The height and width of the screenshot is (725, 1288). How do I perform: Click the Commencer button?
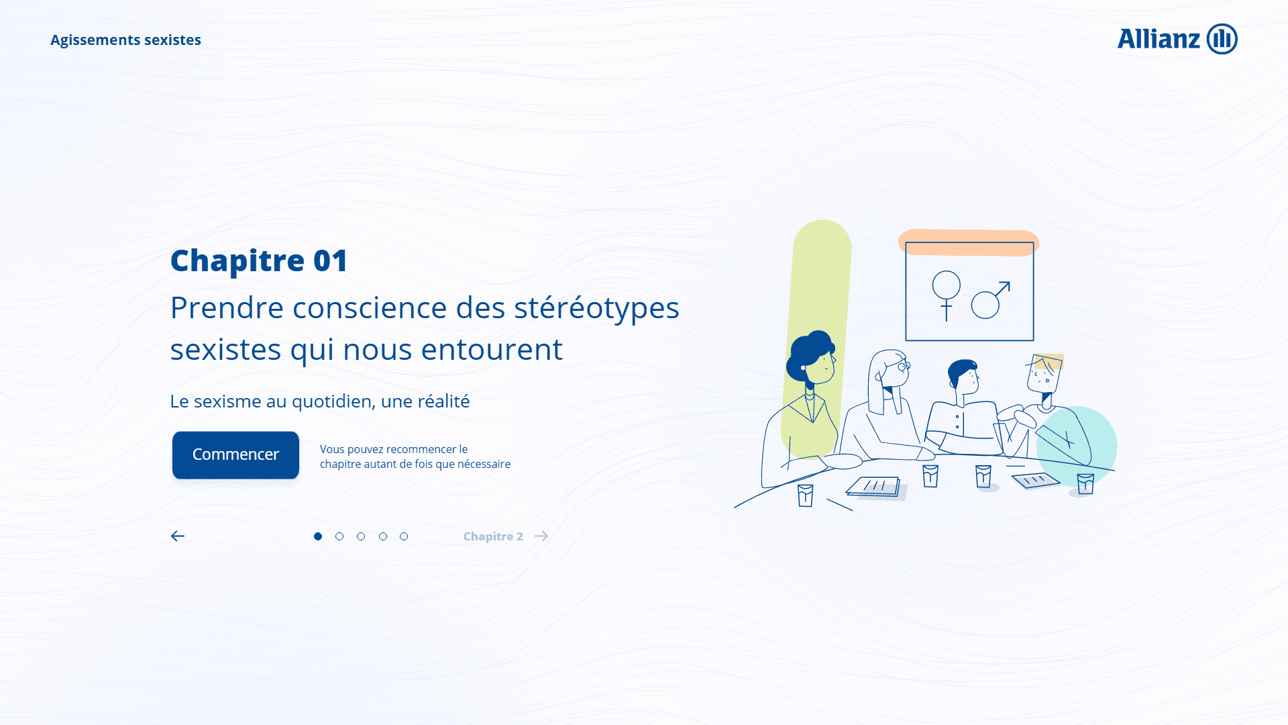coord(235,455)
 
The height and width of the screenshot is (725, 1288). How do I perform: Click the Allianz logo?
coord(1177,39)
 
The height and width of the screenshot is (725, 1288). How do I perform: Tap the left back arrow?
coord(178,536)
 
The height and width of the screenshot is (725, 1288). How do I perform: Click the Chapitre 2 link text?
coord(493,536)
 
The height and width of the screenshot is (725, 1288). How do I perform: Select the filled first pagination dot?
coord(318,536)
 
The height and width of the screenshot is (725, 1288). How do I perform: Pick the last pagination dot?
coord(404,536)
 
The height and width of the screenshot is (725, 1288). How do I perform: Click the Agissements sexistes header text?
coord(125,40)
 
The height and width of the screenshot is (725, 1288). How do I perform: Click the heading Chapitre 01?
coord(259,260)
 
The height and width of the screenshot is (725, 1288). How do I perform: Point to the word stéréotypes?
coord(597,308)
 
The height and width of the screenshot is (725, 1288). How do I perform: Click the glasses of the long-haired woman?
coord(903,367)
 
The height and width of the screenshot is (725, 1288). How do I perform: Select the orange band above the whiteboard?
coord(969,242)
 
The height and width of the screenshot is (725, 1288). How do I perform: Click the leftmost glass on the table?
coord(806,495)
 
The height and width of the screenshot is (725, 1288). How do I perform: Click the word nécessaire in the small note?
coord(484,464)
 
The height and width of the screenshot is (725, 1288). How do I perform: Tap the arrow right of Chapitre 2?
coord(541,536)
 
